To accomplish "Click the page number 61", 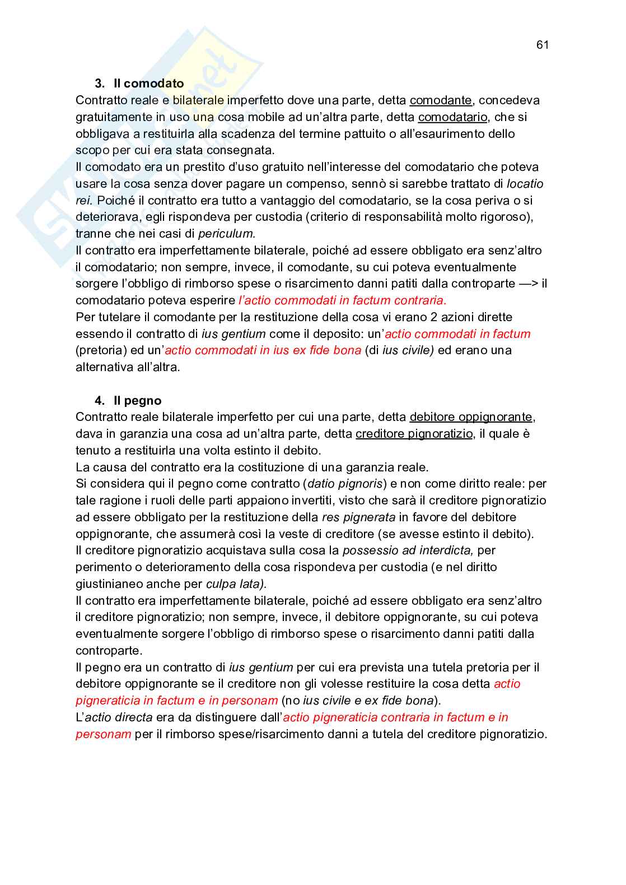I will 542,45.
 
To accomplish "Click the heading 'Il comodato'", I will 148,84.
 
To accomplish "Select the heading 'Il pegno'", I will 137,400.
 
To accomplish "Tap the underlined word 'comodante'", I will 441,100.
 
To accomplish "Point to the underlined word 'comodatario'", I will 452,117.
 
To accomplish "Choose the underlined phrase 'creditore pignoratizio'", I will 414,434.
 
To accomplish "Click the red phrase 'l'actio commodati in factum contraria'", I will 342,300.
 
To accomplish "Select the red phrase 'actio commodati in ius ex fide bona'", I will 263,350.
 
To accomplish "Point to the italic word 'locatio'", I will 525,184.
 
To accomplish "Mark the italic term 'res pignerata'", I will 358,517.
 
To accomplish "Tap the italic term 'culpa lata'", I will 236,584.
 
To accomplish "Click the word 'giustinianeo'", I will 110,584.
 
